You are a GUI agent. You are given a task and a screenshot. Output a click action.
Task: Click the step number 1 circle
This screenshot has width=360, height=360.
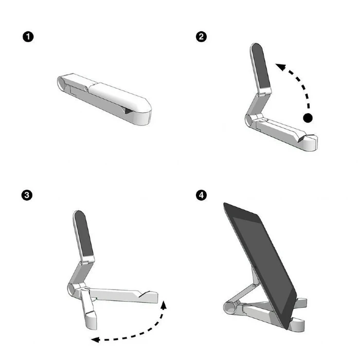[28, 37]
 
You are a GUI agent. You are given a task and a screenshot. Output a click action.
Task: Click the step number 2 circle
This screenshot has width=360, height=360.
[202, 37]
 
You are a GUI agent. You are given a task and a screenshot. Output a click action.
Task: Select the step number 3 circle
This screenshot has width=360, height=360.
[28, 195]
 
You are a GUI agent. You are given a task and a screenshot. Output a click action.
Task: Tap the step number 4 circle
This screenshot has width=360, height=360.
[202, 195]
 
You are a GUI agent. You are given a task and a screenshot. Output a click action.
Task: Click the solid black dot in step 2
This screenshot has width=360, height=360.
[308, 118]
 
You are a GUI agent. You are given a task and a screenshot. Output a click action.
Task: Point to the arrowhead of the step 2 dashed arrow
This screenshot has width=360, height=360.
[278, 65]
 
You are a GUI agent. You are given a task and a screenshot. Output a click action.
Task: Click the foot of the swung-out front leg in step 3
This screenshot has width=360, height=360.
[93, 322]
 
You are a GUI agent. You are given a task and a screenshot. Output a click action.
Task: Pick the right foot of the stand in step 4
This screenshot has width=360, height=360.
[299, 322]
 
